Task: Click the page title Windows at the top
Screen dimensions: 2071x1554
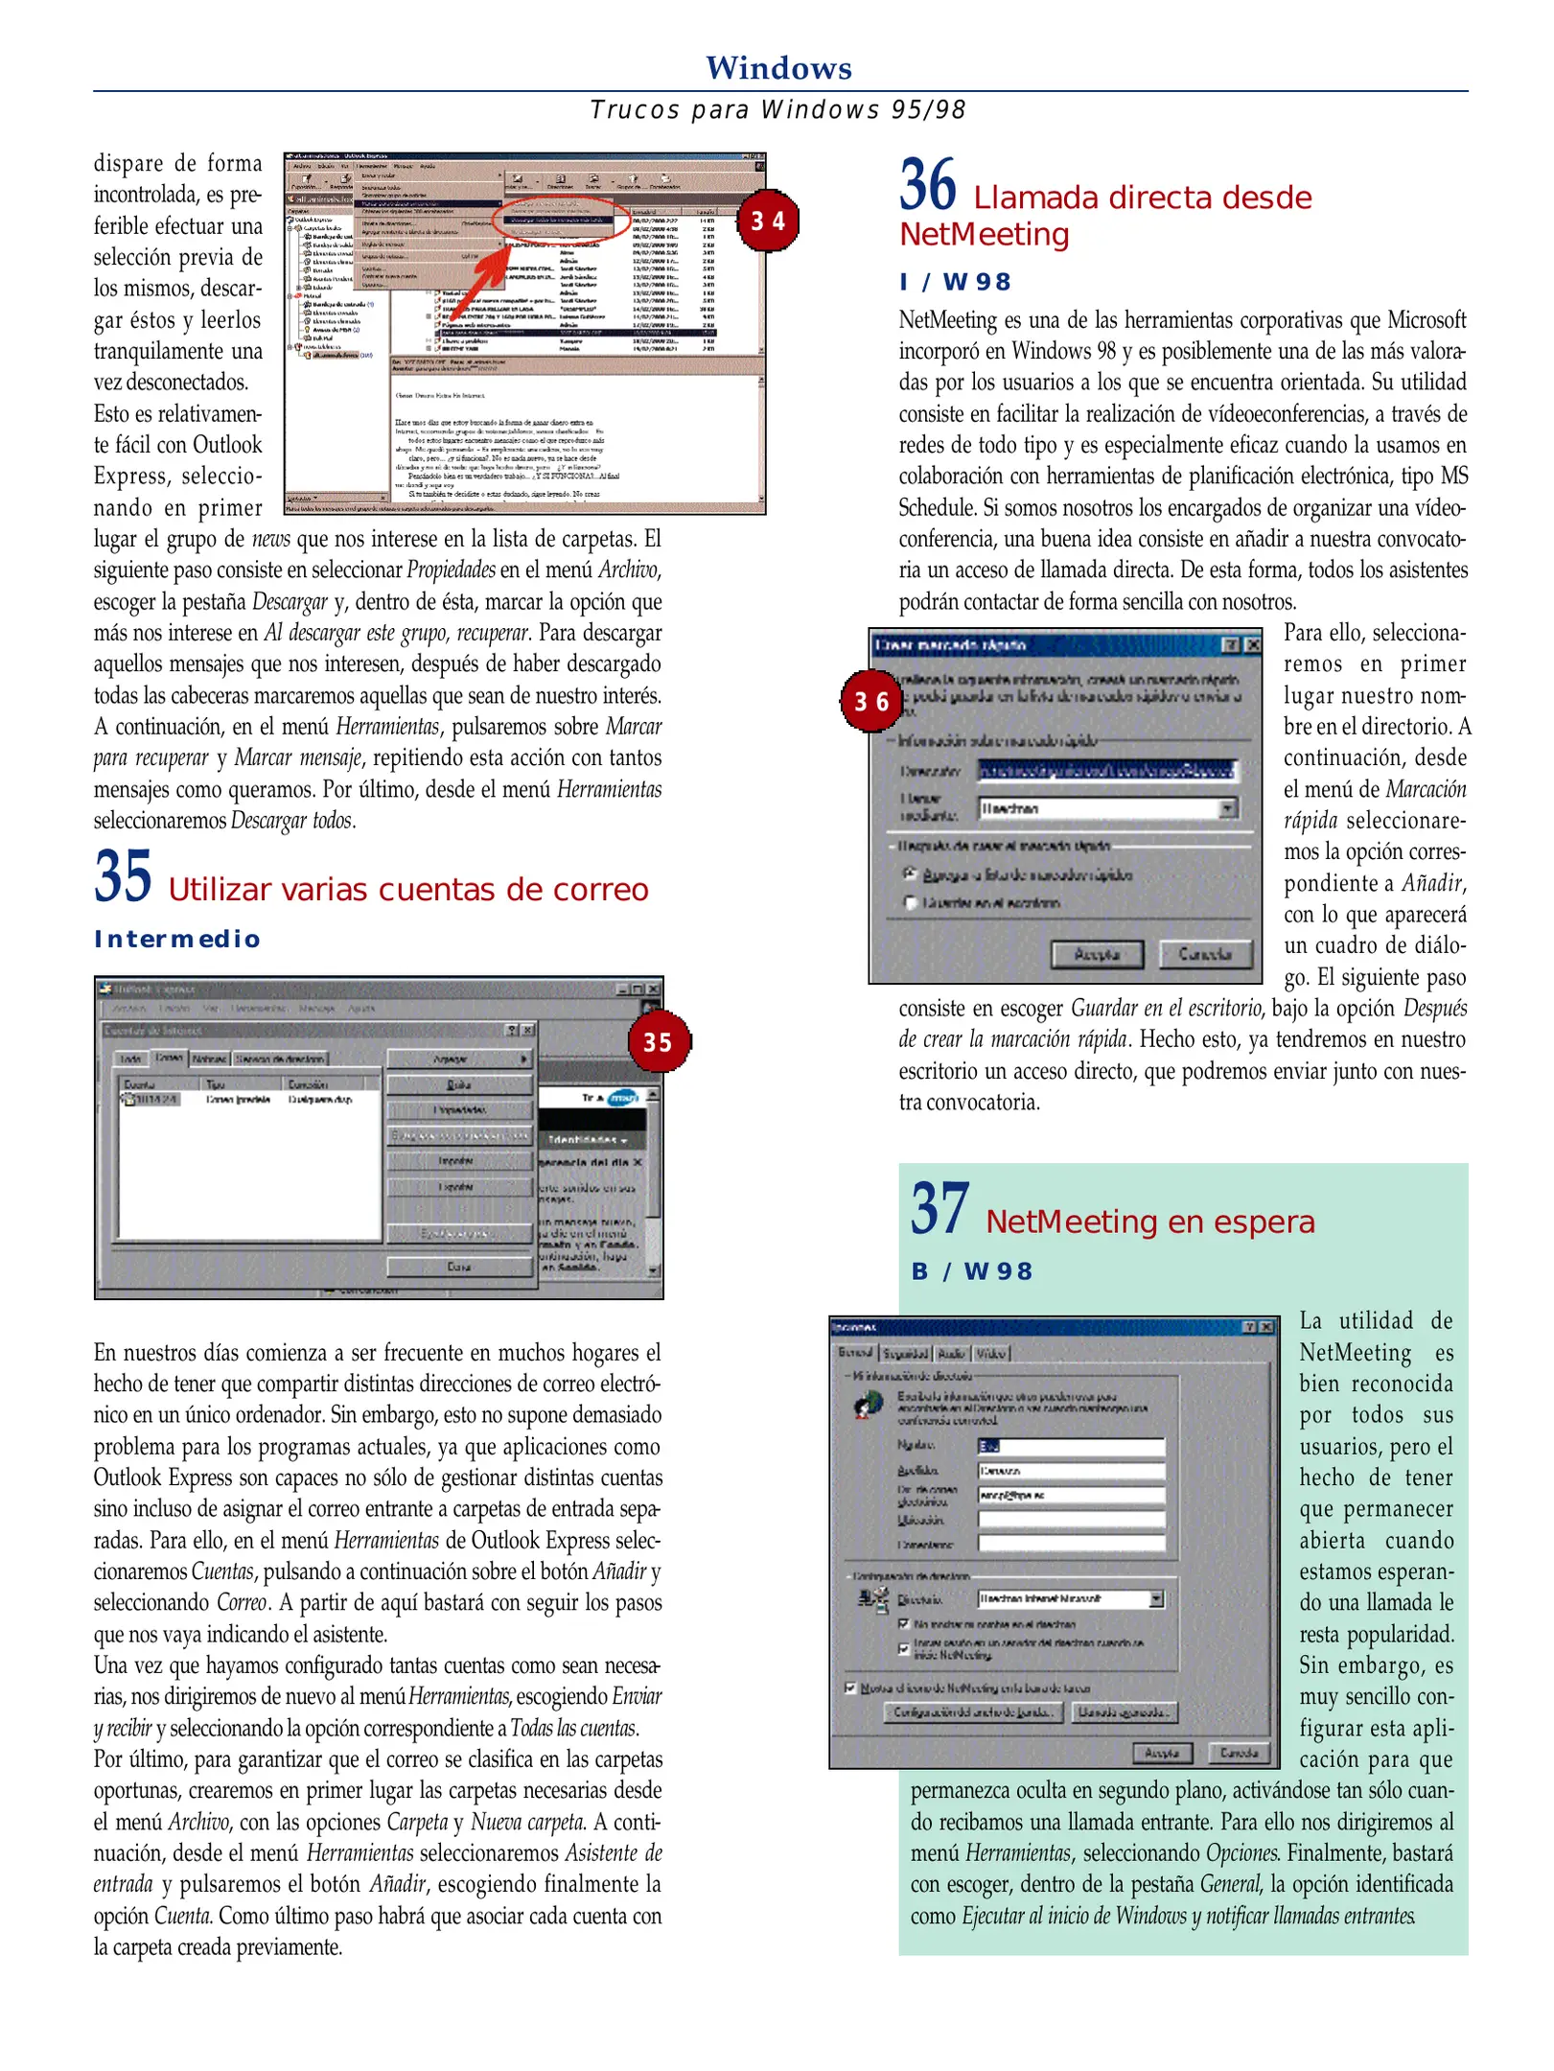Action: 777,68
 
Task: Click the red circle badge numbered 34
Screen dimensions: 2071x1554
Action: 767,221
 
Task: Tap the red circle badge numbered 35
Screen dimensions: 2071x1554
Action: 659,1041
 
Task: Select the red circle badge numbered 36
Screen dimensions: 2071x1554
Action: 871,701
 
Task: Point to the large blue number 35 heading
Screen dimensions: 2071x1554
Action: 123,876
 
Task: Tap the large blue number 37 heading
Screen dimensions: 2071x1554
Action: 939,1209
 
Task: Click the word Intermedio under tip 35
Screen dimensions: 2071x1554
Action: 177,939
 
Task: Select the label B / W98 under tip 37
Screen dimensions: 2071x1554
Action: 971,1270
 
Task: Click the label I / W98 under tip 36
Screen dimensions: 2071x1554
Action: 955,282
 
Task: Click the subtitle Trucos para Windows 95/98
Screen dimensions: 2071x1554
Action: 777,109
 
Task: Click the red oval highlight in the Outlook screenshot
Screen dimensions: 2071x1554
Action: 561,218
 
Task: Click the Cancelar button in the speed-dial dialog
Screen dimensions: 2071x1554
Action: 1204,953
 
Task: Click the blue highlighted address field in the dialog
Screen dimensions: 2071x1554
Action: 1106,770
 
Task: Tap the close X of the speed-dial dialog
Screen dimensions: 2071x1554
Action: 1251,644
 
